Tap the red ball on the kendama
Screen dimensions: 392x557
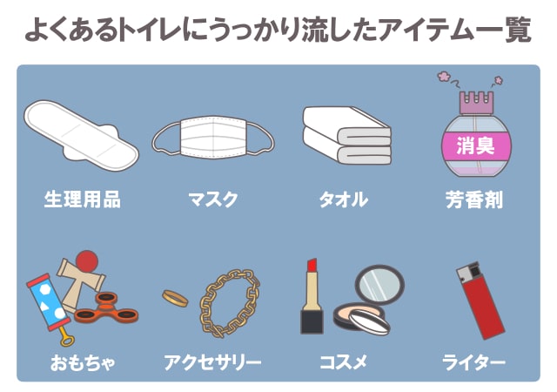[85, 260]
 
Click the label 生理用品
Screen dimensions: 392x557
[82, 199]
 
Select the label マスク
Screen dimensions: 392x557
[212, 199]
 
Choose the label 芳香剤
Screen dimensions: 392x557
[474, 199]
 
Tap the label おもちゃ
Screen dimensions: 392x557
[82, 361]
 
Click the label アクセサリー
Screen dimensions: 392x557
[212, 361]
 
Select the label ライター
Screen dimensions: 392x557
[474, 361]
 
